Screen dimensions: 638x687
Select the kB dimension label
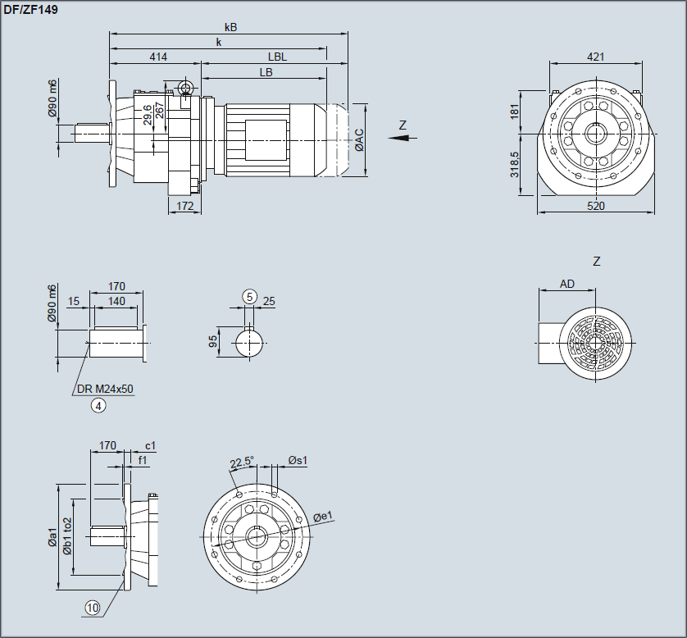click(x=230, y=27)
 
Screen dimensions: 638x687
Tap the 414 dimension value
click(x=158, y=57)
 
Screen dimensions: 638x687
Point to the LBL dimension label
click(x=277, y=57)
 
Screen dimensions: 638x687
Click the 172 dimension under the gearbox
click(x=185, y=206)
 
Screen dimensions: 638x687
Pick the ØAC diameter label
click(x=359, y=140)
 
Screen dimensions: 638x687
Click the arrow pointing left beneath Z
click(x=399, y=139)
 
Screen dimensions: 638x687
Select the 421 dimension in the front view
click(x=596, y=57)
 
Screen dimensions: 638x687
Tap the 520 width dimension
click(x=596, y=206)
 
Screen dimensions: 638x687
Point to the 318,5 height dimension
click(x=514, y=165)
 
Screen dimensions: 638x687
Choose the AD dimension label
click(x=567, y=285)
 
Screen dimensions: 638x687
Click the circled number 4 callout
click(x=99, y=405)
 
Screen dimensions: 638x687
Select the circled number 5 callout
click(x=249, y=296)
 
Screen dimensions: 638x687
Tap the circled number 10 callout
click(x=92, y=608)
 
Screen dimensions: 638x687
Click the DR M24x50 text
click(x=104, y=390)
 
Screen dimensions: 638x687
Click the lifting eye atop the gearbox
click(x=186, y=89)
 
